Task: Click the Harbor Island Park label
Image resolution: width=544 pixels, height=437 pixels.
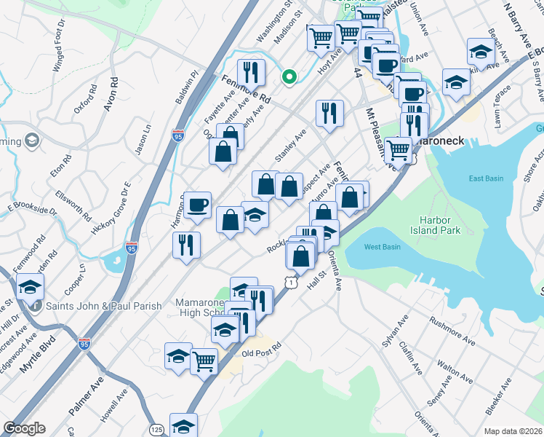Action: point(441,225)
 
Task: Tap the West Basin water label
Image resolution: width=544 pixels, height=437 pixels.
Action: point(383,247)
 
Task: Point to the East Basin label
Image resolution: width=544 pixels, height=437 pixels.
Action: point(487,178)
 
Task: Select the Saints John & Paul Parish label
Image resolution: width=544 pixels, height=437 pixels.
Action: point(103,306)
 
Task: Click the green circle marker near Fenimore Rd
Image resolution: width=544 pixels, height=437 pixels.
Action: point(289,76)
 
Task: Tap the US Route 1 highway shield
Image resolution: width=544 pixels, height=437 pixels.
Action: point(291,281)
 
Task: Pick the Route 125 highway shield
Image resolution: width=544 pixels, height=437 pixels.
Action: point(156,430)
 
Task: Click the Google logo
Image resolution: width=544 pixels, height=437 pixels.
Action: point(24,428)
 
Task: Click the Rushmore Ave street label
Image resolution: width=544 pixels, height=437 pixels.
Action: point(452,330)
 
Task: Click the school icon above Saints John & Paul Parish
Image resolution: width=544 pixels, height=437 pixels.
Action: point(30,288)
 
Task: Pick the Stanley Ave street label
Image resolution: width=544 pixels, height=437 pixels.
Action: point(291,146)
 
